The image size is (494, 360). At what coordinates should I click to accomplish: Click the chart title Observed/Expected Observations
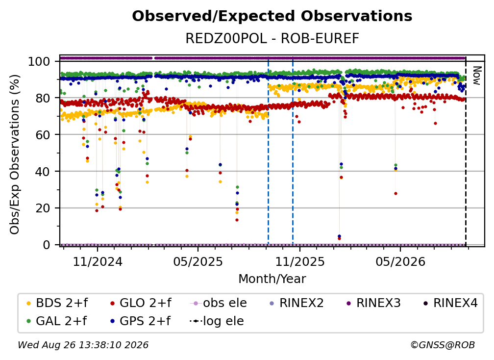pyautogui.click(x=272, y=16)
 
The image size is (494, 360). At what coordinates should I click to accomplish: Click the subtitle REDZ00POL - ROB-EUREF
pyautogui.click(x=272, y=39)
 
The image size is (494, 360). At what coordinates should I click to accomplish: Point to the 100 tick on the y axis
pyautogui.click(x=39, y=61)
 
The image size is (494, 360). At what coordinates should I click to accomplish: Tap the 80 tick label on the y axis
pyautogui.click(x=43, y=98)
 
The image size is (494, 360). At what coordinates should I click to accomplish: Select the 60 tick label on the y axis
pyautogui.click(x=43, y=134)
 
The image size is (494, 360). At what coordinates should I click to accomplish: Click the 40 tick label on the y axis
pyautogui.click(x=43, y=172)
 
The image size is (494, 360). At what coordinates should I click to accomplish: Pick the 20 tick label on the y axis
pyautogui.click(x=43, y=208)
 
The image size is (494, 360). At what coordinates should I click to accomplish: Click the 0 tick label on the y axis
pyautogui.click(x=47, y=245)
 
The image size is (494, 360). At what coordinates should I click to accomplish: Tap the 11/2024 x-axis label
pyautogui.click(x=98, y=261)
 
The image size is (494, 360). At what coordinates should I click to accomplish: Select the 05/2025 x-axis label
pyautogui.click(x=198, y=261)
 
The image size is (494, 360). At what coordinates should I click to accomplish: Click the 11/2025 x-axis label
pyautogui.click(x=300, y=261)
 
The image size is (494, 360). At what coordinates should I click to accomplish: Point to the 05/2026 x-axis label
pyautogui.click(x=400, y=261)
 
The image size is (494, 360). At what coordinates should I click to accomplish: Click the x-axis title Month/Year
pyautogui.click(x=272, y=279)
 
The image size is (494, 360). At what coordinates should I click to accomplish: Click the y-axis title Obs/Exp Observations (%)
pyautogui.click(x=15, y=154)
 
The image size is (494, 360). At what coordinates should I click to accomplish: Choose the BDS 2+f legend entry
pyautogui.click(x=57, y=303)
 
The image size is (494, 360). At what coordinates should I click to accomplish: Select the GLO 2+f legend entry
pyautogui.click(x=141, y=303)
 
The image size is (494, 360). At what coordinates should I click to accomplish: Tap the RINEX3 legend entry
pyautogui.click(x=373, y=303)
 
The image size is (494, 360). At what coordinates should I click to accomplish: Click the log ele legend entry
pyautogui.click(x=217, y=321)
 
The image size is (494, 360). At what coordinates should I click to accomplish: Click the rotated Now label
pyautogui.click(x=477, y=76)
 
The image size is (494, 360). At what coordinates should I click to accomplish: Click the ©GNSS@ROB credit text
pyautogui.click(x=443, y=345)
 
